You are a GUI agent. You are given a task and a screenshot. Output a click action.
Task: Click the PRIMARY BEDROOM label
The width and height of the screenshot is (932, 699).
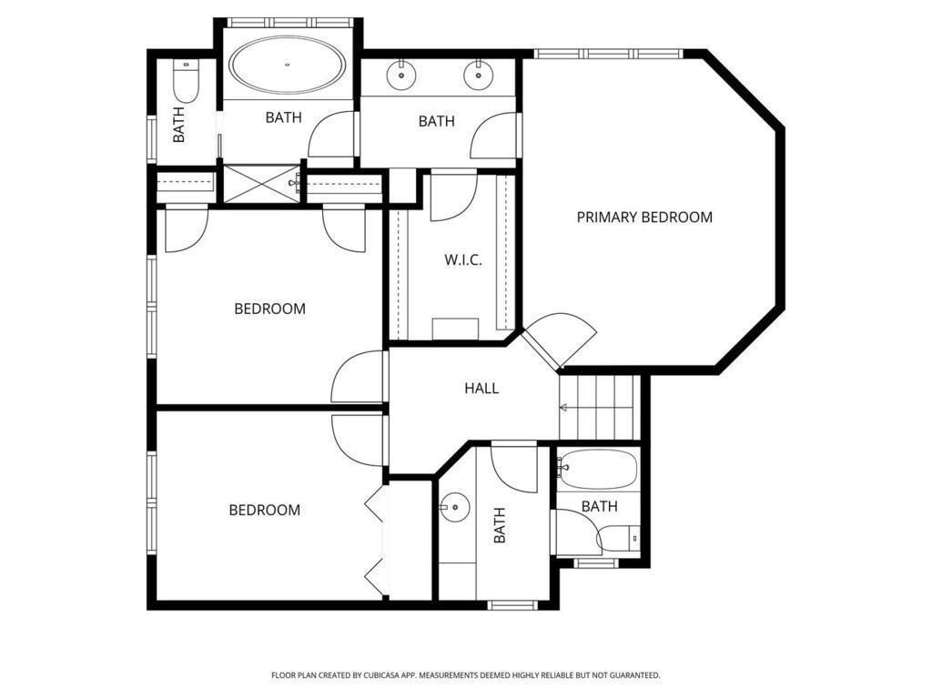coord(644,217)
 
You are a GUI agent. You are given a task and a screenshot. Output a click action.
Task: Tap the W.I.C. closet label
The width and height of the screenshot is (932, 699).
coord(463,259)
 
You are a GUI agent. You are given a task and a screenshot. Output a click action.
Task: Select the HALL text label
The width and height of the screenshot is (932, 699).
coord(481,389)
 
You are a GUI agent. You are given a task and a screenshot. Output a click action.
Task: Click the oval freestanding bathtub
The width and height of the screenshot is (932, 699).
coord(287,65)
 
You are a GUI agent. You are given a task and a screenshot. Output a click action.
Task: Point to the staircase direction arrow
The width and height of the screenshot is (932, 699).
coord(563,408)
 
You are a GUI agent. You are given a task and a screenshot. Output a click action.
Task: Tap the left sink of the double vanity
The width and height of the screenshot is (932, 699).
coord(401,75)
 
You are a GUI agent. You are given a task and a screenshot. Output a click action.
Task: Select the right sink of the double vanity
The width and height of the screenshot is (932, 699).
coord(477,75)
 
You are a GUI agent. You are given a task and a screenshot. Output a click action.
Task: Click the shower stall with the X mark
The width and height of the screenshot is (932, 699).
coord(262,184)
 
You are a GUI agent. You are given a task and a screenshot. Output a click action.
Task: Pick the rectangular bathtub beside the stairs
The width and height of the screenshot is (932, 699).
coord(598,470)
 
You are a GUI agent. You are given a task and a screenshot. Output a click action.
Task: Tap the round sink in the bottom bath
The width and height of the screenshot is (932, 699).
coord(455,507)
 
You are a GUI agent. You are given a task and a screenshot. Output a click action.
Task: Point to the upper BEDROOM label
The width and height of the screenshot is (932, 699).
coord(269,309)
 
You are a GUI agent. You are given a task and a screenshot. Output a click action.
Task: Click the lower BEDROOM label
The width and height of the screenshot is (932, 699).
coord(265,510)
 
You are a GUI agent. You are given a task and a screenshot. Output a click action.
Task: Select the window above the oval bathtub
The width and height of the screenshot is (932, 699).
coord(291,23)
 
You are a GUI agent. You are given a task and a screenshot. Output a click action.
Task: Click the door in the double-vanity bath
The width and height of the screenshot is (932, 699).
coord(495,136)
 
